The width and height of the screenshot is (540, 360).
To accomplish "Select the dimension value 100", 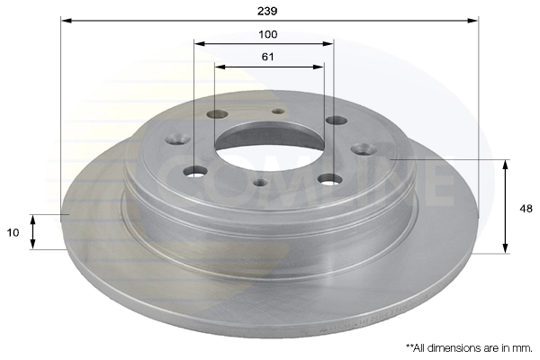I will pyautogui.click(x=268, y=34).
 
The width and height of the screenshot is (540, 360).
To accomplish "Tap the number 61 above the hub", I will pyautogui.click(x=268, y=57).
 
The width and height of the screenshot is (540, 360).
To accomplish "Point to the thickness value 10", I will pyautogui.click(x=14, y=232).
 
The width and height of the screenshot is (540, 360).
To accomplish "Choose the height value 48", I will pyautogui.click(x=526, y=208).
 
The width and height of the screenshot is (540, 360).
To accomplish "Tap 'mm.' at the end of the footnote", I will pyautogui.click(x=523, y=346).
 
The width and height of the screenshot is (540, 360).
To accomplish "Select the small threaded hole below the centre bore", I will pyautogui.click(x=261, y=184).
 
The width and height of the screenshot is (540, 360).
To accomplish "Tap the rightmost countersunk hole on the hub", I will pyautogui.click(x=364, y=149).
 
